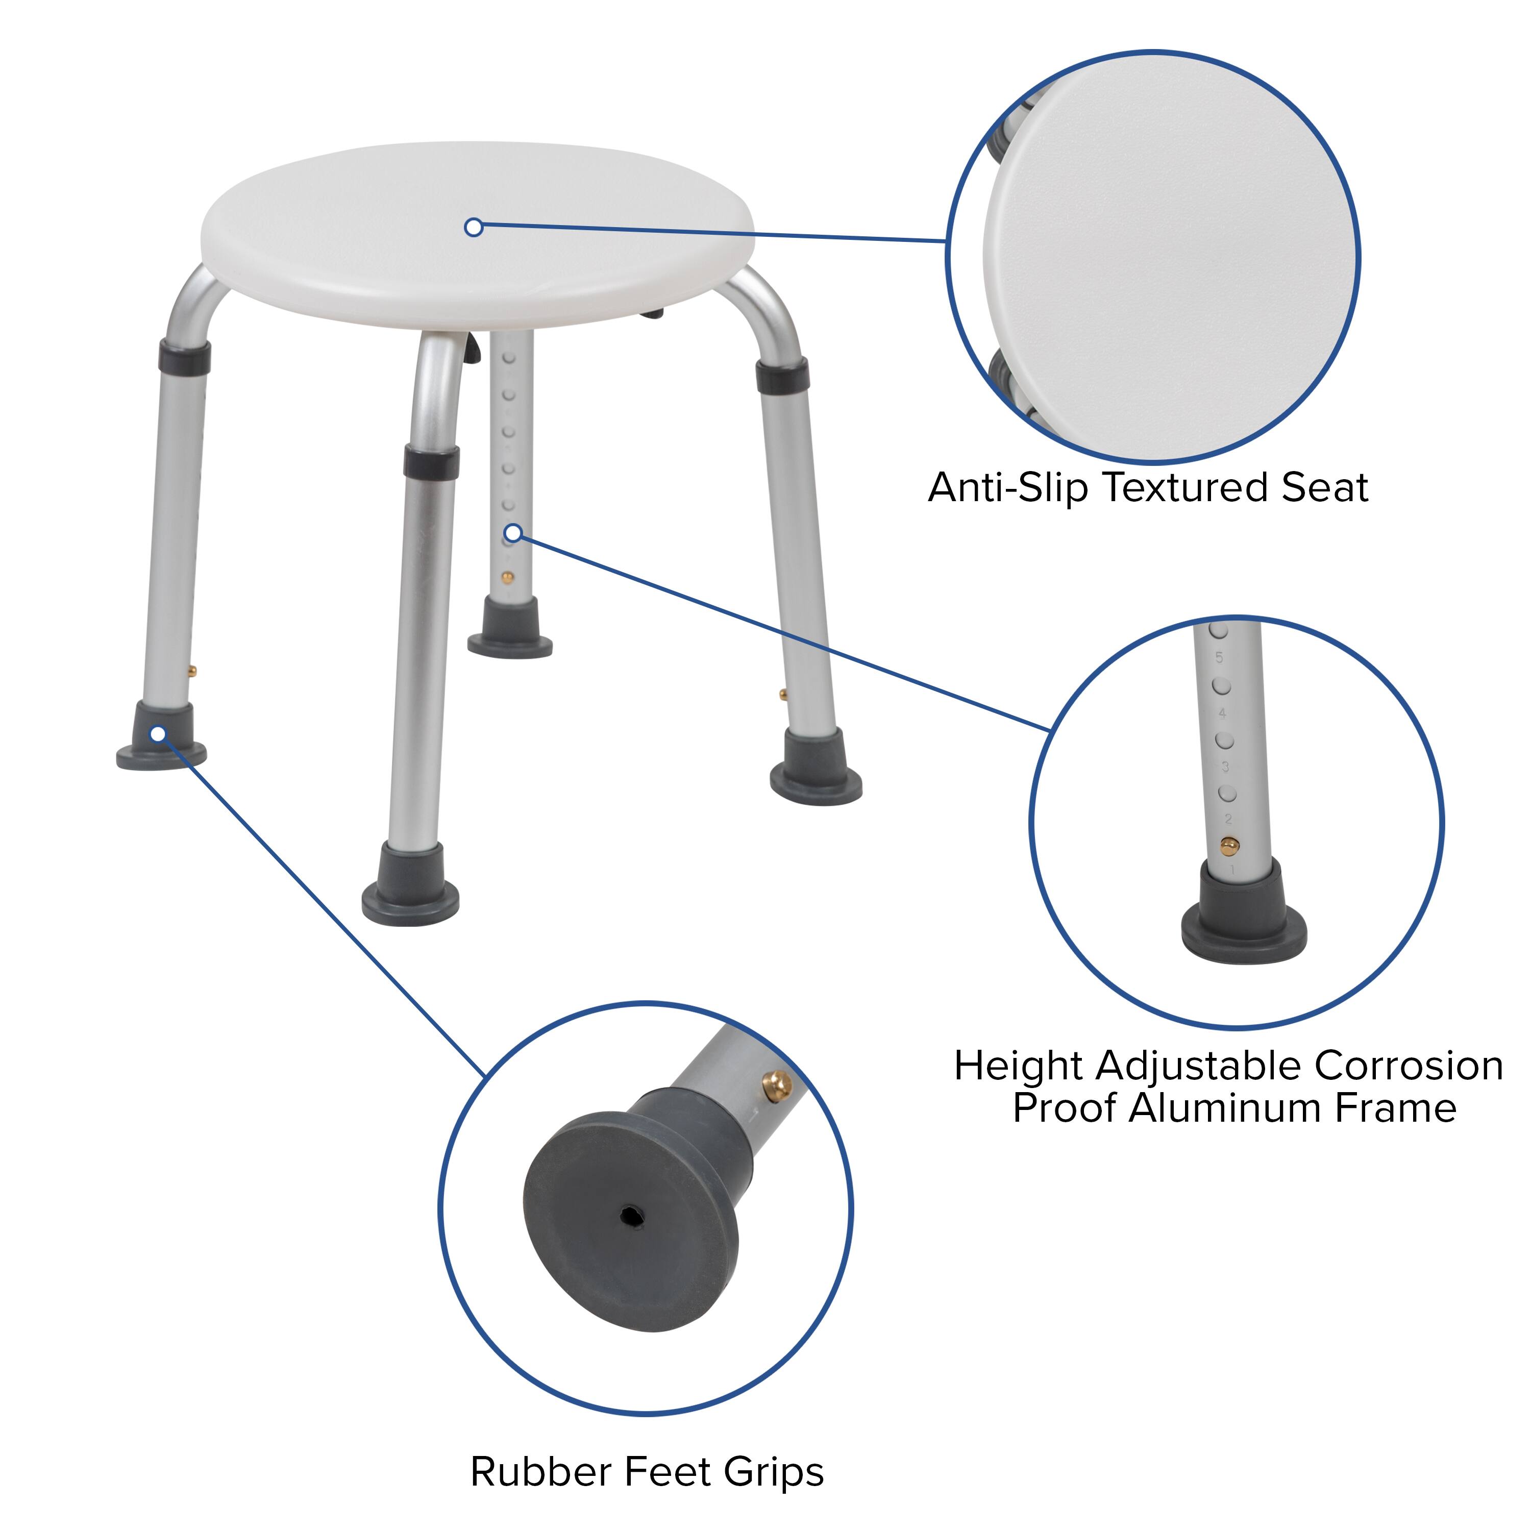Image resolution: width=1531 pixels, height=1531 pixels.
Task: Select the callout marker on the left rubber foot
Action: tap(158, 734)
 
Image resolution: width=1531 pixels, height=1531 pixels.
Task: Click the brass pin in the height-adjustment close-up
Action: tap(1228, 846)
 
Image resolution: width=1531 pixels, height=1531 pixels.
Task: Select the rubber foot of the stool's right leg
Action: tap(816, 764)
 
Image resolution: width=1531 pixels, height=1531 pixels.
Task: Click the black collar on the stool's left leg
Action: tap(185, 357)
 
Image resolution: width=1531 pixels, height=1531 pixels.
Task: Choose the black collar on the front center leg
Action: tap(431, 461)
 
